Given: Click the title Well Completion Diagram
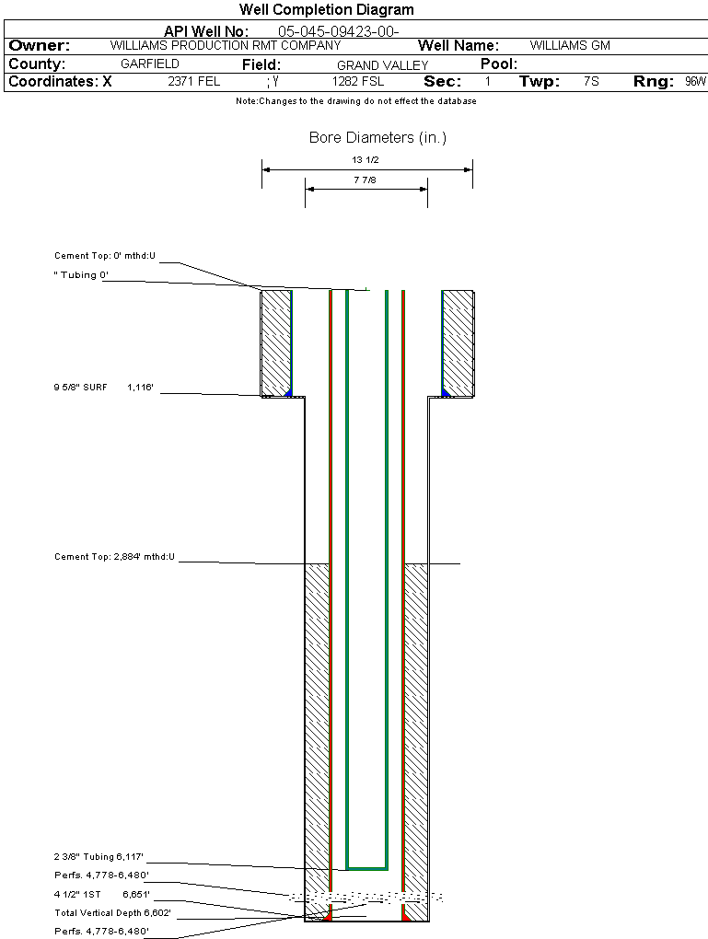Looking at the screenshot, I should point(327,10).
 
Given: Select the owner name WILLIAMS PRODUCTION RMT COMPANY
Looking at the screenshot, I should point(225,45).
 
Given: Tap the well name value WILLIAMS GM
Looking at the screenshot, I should point(570,45).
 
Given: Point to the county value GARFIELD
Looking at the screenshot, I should point(150,64).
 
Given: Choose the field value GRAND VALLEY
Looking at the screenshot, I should point(382,65).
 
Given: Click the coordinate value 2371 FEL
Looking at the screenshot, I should point(193,82).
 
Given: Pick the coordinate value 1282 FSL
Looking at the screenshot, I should point(358,82).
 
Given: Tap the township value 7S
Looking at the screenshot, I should point(591,82).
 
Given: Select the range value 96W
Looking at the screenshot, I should point(695,82).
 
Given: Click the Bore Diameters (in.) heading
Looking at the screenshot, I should point(377,138).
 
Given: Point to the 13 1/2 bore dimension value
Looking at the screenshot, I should point(366,160).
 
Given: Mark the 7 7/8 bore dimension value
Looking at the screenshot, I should point(366,180).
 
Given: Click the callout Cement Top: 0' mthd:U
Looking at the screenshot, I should point(105,256).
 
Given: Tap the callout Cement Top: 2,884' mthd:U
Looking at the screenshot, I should point(114,557).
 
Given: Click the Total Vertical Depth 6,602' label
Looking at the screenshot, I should point(112,913).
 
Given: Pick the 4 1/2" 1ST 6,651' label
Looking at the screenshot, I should point(101,894).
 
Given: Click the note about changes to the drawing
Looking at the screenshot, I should point(356,101).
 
